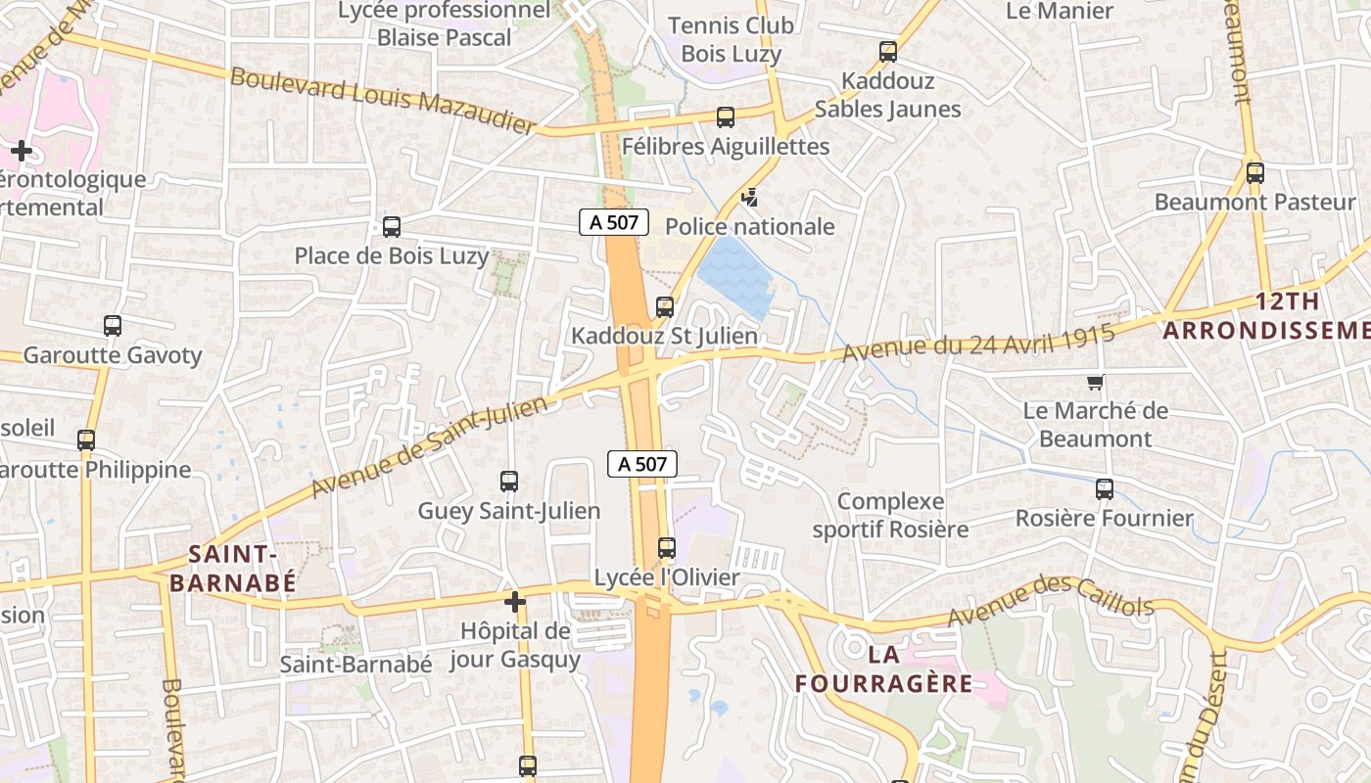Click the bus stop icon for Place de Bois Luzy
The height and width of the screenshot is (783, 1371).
(392, 227)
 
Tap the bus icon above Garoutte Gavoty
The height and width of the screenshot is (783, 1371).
(113, 326)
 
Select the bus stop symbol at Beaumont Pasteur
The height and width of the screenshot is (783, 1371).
(1255, 173)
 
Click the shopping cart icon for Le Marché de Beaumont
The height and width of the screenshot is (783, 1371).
(1095, 382)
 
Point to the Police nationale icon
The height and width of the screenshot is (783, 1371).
(749, 198)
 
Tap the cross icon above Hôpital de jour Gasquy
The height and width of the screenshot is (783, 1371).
(515, 601)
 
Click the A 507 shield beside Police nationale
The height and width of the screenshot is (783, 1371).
(614, 222)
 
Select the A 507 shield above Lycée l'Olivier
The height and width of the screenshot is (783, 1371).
(642, 464)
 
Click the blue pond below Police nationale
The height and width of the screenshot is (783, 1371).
(736, 275)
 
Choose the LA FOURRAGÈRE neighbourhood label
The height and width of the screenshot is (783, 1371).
(884, 668)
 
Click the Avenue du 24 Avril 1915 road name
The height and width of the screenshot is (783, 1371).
(978, 344)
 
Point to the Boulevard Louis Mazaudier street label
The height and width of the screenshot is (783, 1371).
(383, 100)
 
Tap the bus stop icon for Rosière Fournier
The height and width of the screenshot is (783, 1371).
(1105, 489)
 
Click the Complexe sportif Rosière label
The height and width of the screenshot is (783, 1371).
(890, 516)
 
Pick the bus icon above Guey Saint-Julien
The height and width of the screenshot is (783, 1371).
(509, 482)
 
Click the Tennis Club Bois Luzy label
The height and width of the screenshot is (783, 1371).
(731, 39)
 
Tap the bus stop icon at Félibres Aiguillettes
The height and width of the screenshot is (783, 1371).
(726, 117)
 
